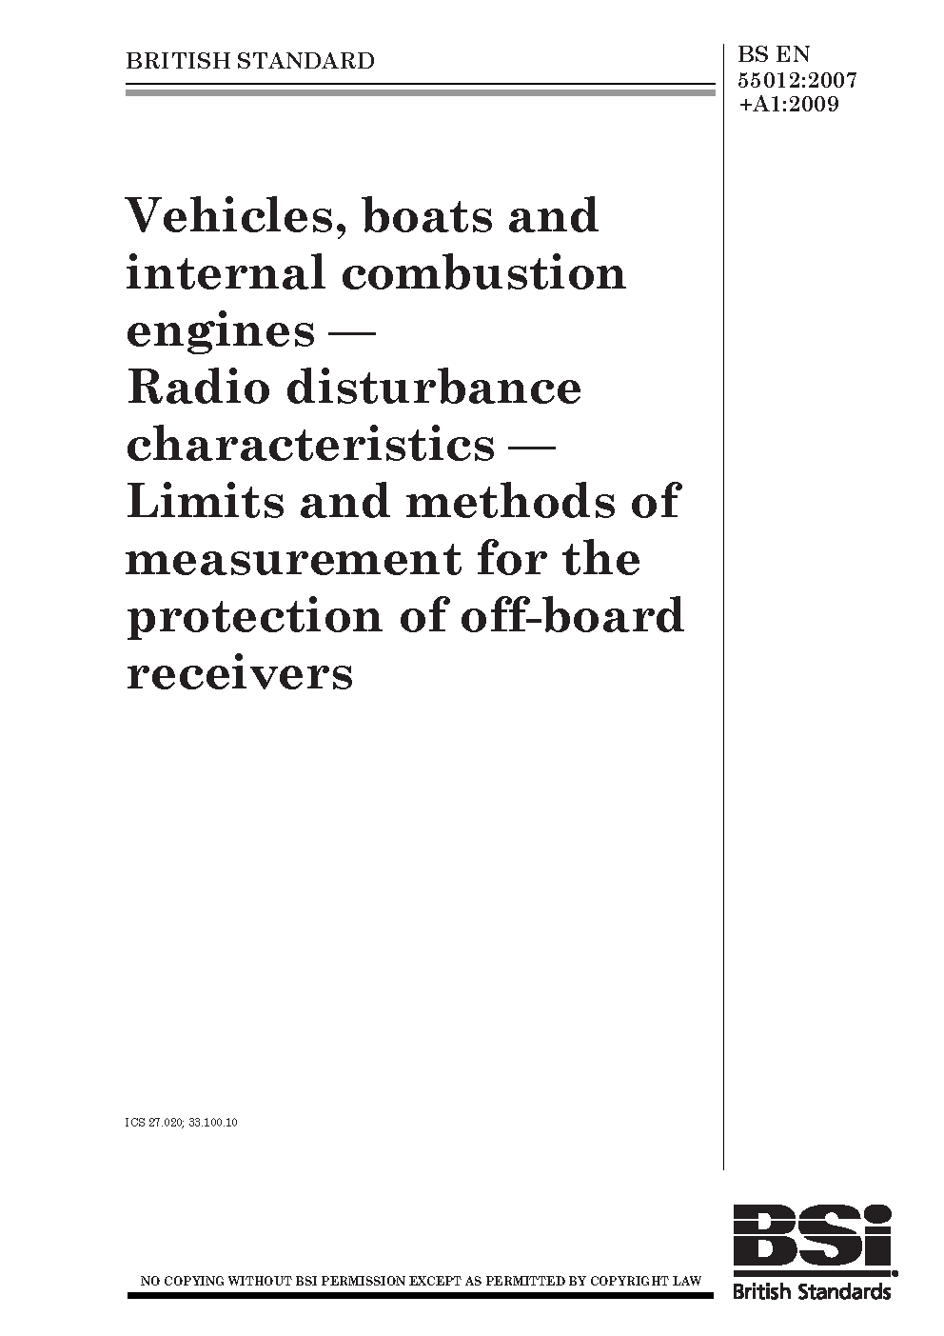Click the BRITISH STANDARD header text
click(250, 62)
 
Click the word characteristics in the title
click(310, 445)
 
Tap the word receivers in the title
click(239, 673)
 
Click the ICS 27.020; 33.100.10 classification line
click(181, 1123)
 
